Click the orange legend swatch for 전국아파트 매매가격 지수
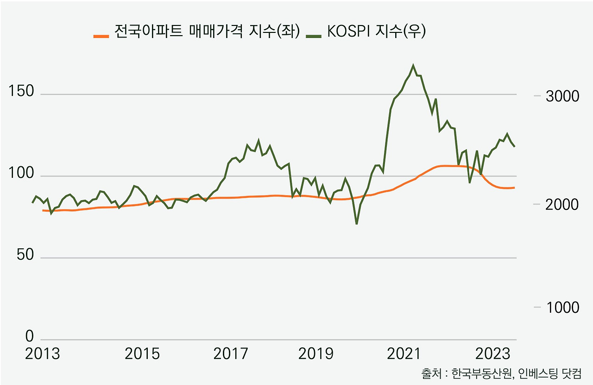coord(101,35)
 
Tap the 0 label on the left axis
coord(30,336)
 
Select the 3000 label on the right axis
coord(562,96)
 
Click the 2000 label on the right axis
coord(562,205)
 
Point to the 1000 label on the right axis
coord(562,308)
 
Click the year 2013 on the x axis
coord(43,354)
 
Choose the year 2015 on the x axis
coord(142,354)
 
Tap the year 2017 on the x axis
coord(231,354)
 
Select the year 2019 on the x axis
coord(315,354)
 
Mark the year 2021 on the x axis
coord(404,354)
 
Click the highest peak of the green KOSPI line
coord(413,65)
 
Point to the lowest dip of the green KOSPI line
coord(357,224)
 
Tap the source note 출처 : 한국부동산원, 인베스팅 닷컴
coord(501,373)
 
